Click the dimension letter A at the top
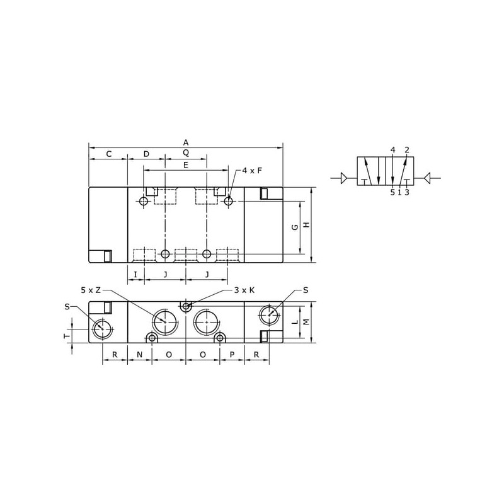pyautogui.click(x=186, y=142)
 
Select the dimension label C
pyautogui.click(x=108, y=154)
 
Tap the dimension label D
pyautogui.click(x=146, y=154)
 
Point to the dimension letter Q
pyautogui.click(x=186, y=152)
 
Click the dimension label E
pyautogui.click(x=185, y=165)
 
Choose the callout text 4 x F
pyautogui.click(x=252, y=171)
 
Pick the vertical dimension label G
pyautogui.click(x=295, y=227)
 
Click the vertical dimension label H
pyautogui.click(x=307, y=225)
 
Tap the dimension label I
pyautogui.click(x=135, y=275)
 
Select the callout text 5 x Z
pyautogui.click(x=91, y=290)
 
